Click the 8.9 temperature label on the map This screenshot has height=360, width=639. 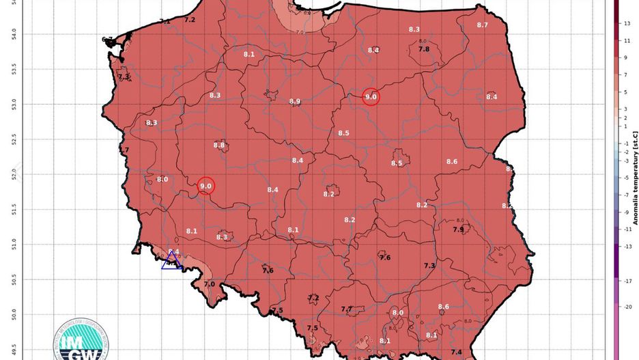295,101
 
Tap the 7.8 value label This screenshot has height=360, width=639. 423,49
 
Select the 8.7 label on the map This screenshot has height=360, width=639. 483,25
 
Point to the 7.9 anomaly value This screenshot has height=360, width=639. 458,230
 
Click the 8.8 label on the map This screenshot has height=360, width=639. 219,145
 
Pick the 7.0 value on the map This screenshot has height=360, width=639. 209,283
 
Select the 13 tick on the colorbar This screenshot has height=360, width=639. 627,24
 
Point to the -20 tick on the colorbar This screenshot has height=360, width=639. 627,307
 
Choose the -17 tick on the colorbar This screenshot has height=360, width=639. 627,281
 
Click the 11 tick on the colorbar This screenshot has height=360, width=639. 627,41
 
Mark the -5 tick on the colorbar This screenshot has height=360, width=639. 627,178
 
